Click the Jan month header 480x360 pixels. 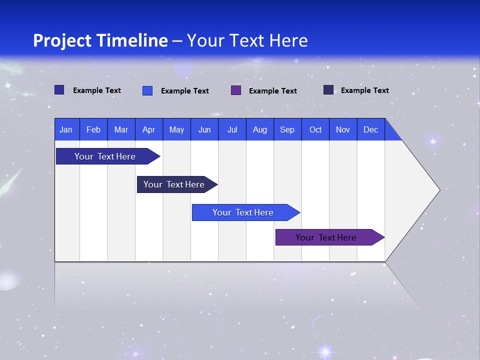click(66, 129)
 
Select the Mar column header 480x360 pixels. click(121, 129)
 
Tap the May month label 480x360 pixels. click(176, 129)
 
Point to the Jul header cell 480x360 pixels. click(232, 129)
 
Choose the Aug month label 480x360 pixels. click(259, 129)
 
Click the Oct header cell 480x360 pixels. click(315, 129)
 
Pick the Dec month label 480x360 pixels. click(370, 129)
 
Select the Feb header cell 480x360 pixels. click(93, 129)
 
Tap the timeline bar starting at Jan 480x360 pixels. click(105, 156)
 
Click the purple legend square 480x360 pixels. click(236, 90)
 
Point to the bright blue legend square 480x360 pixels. click(147, 90)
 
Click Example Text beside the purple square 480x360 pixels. click(272, 91)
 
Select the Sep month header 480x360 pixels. click(287, 129)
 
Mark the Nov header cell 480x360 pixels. click(343, 129)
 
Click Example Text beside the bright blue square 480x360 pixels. click(184, 91)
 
